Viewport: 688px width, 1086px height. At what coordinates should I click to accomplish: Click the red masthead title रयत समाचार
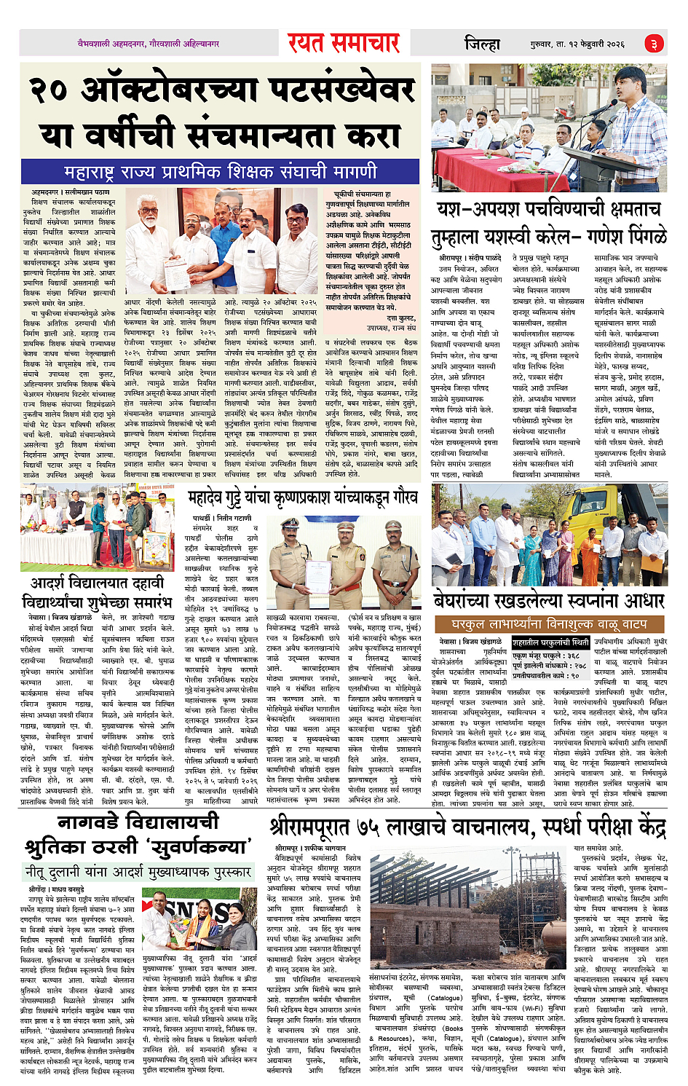tap(344, 44)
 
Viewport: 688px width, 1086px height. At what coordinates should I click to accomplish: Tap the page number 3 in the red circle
tap(655, 44)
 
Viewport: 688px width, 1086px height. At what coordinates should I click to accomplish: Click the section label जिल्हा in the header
tap(482, 44)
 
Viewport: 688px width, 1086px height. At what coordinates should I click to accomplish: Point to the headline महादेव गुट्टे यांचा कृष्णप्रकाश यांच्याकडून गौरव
tap(302, 498)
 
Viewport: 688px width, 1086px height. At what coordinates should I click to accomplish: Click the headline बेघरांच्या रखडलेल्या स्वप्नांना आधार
tap(549, 601)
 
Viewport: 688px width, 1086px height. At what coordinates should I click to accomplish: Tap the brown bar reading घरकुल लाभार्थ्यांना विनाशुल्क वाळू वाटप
tap(549, 624)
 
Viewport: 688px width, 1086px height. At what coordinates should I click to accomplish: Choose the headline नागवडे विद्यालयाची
tap(138, 822)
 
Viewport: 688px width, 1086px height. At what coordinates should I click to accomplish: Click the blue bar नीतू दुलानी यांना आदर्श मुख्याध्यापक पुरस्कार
tap(138, 871)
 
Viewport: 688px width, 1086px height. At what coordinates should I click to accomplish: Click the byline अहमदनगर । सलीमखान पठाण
tap(71, 192)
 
